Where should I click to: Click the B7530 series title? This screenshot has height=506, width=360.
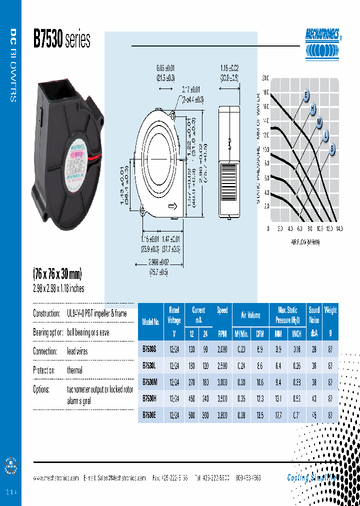pyautogui.click(x=61, y=39)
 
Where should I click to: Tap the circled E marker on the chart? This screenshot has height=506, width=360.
pyautogui.click(x=306, y=95)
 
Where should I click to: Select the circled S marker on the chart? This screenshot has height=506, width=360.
pyautogui.click(x=332, y=148)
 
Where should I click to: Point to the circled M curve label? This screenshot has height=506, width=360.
pyautogui.click(x=319, y=122)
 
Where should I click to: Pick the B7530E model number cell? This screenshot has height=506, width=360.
pyautogui.click(x=150, y=414)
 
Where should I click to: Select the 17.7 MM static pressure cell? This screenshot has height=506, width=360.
pyautogui.click(x=278, y=414)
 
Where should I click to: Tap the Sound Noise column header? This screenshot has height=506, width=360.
pyautogui.click(x=314, y=315)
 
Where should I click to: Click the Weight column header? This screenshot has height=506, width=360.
pyautogui.click(x=330, y=310)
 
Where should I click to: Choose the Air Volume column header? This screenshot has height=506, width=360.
pyautogui.click(x=250, y=315)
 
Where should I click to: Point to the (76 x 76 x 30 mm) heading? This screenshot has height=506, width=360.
pyautogui.click(x=57, y=274)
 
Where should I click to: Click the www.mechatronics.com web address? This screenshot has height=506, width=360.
pyautogui.click(x=56, y=478)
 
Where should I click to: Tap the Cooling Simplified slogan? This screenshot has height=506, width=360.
pyautogui.click(x=312, y=477)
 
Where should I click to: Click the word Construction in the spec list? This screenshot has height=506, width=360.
pyautogui.click(x=47, y=313)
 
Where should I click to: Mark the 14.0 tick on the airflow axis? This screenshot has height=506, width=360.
pyautogui.click(x=339, y=228)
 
